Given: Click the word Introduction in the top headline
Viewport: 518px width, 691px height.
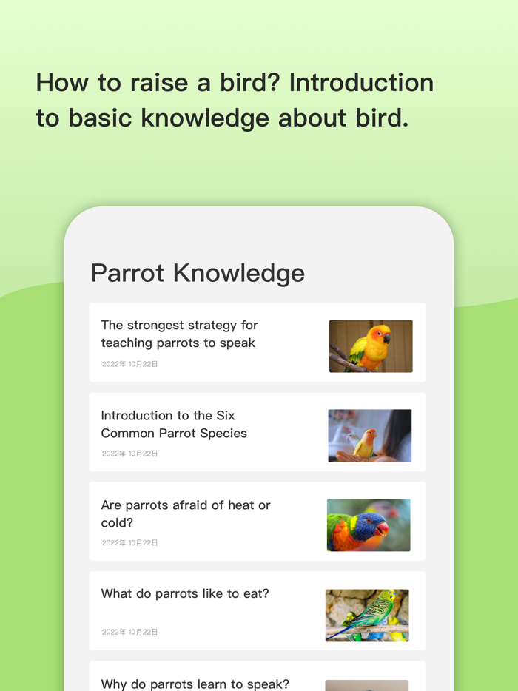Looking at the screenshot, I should [x=361, y=82].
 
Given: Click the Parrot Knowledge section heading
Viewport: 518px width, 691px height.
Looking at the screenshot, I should [x=198, y=273].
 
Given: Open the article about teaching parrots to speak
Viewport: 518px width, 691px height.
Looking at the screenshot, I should [x=179, y=334].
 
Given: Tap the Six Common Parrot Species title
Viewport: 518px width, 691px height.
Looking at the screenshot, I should [x=174, y=424].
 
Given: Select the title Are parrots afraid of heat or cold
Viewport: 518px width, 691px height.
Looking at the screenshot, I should [x=186, y=513].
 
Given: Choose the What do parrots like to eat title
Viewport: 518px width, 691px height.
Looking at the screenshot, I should [x=185, y=593].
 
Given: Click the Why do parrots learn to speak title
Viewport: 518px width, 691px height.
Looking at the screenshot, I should [x=195, y=684].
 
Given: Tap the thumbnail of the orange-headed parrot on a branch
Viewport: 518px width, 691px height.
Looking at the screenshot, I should [x=371, y=345].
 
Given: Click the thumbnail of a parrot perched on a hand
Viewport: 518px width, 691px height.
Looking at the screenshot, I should [x=369, y=436].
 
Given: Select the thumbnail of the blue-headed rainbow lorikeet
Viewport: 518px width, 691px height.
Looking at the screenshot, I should [x=369, y=525].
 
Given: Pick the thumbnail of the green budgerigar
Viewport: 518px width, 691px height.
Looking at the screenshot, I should [x=367, y=615].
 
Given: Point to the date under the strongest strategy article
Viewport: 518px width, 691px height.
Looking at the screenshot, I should [x=130, y=364].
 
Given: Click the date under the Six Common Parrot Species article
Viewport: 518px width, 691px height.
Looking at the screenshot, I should [x=130, y=454].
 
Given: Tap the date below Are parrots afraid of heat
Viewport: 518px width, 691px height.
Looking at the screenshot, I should [x=130, y=543].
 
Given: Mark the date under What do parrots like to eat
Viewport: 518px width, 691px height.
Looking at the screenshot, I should [x=130, y=632].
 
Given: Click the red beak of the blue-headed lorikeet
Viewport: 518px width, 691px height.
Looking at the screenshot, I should [x=382, y=528].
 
